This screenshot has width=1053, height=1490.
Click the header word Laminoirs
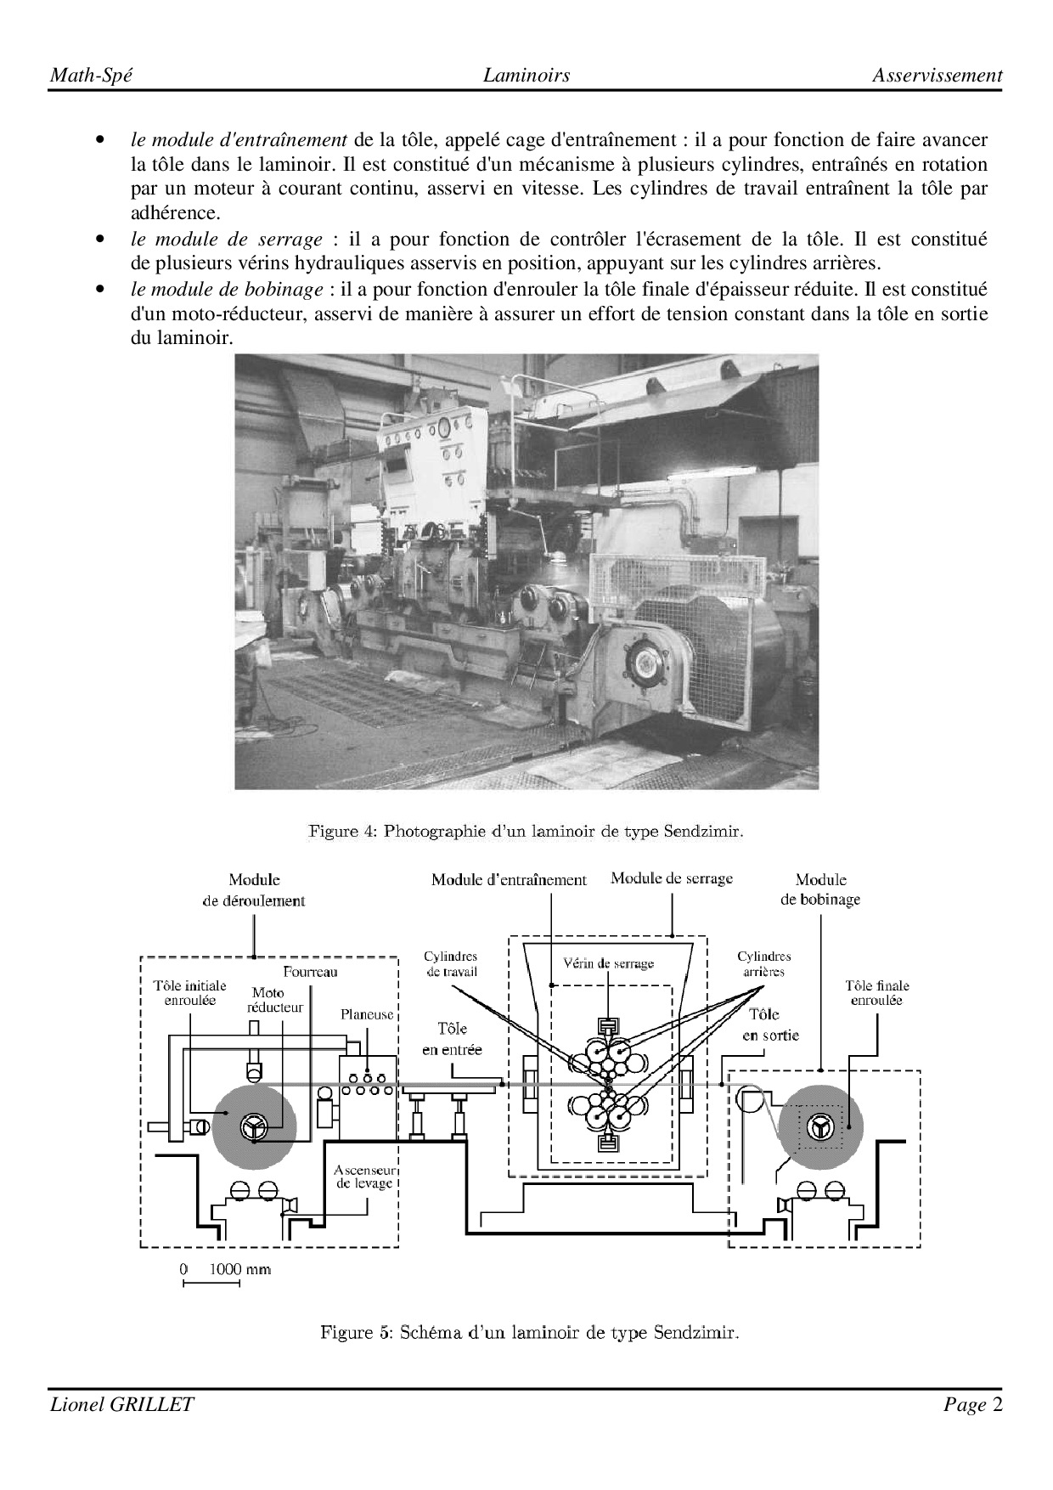pos(526,76)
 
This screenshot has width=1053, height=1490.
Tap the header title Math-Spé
pos(91,76)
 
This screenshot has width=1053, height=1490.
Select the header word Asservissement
pos(937,76)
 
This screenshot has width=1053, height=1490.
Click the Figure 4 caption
pos(526,831)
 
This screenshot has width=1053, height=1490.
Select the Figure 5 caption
pos(529,1332)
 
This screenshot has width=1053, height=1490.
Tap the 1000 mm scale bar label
pos(240,1269)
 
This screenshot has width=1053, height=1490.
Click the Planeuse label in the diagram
pos(367,1014)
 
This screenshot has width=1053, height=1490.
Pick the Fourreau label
pos(310,972)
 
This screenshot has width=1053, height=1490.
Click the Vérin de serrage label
pos(609,963)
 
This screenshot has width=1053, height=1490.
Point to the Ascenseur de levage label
pos(363,1177)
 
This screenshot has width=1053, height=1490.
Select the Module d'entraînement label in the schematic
pos(509,880)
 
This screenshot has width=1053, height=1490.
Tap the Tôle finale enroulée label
pos(877,993)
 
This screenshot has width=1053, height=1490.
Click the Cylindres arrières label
pos(763,964)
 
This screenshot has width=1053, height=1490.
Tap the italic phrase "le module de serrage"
pos(227,240)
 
